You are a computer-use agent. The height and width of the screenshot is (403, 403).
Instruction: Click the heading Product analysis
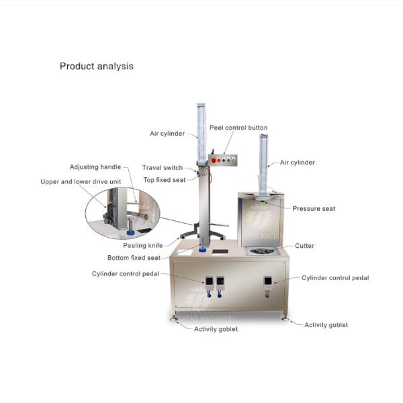(x=96, y=66)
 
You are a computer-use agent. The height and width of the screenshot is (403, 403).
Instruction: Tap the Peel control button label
(x=238, y=128)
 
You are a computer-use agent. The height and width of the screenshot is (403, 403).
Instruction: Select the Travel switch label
(x=163, y=167)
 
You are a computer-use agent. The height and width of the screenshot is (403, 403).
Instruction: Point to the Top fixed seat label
(x=165, y=180)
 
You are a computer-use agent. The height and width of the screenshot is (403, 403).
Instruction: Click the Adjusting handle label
(x=95, y=167)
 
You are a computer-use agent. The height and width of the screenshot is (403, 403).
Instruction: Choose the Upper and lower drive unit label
(x=81, y=181)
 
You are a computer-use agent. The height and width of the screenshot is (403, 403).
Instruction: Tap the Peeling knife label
(x=143, y=245)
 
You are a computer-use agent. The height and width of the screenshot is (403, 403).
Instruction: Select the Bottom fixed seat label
(x=134, y=257)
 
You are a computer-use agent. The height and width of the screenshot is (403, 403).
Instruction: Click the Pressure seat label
(x=314, y=208)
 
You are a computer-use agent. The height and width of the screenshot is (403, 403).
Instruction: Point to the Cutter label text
(x=304, y=246)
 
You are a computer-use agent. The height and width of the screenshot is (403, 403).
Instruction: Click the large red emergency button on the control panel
(x=214, y=160)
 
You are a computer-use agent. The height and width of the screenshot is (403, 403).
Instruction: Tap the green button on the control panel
(x=228, y=160)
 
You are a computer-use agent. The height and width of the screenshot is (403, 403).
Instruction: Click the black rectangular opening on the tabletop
(x=220, y=252)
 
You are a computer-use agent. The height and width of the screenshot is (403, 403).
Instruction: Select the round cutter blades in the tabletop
(x=261, y=251)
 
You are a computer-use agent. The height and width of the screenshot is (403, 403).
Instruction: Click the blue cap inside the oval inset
(x=130, y=232)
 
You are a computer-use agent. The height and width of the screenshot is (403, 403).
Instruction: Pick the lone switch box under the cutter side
(x=268, y=281)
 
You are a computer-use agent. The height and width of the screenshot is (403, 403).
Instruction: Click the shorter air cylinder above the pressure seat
(x=264, y=164)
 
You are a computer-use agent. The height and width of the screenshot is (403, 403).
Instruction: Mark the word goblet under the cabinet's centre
(x=228, y=329)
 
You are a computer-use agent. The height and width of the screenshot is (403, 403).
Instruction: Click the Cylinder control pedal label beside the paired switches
(x=126, y=274)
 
